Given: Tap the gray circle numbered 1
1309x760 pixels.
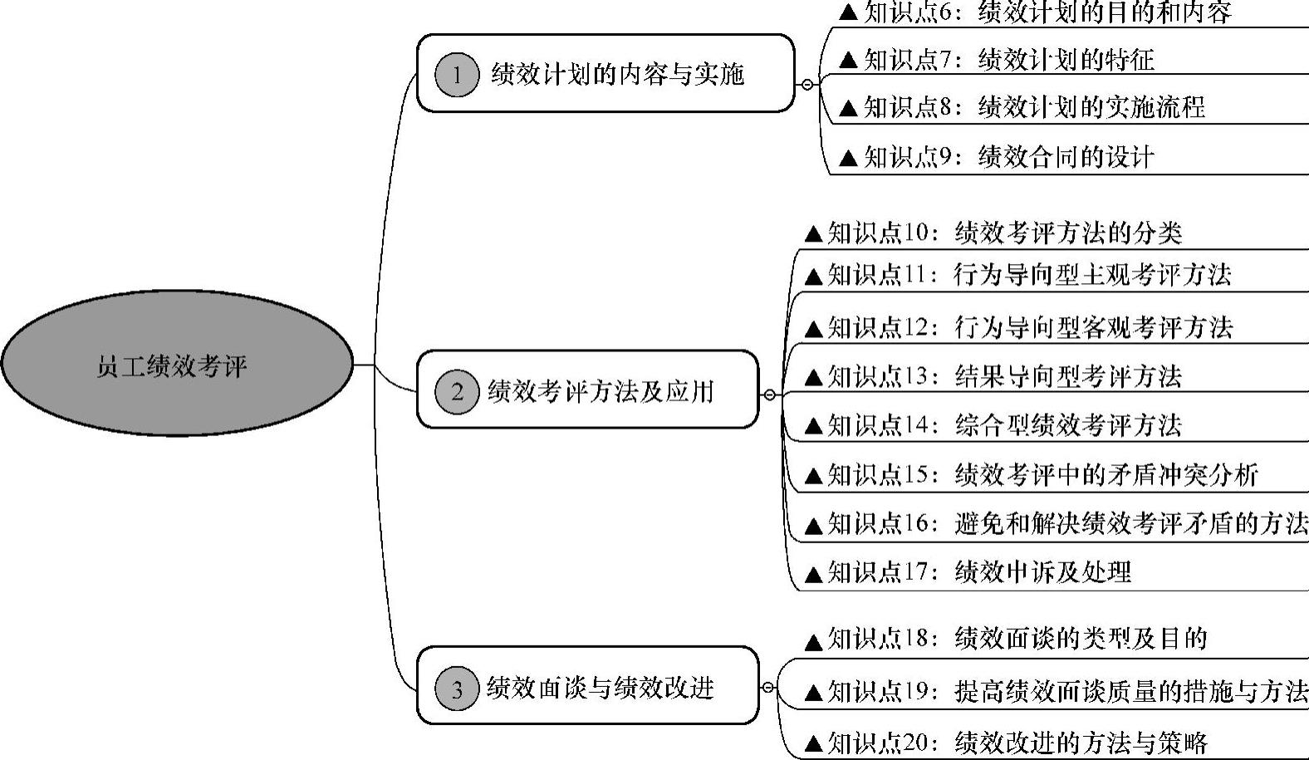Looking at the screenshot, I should click(x=456, y=75).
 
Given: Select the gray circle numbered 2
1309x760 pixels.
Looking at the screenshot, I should click(x=456, y=391).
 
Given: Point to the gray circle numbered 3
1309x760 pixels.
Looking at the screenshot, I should click(x=456, y=689).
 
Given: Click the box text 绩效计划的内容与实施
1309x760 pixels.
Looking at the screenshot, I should click(x=617, y=75).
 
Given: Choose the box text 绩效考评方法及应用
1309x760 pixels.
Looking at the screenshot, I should click(x=601, y=391).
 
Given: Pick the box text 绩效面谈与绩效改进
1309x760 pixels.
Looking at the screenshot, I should click(x=601, y=689).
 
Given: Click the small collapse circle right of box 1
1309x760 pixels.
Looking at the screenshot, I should click(x=807, y=84).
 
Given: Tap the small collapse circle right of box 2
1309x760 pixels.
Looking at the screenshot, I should click(x=769, y=395).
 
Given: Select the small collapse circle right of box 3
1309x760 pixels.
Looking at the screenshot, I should click(x=768, y=687).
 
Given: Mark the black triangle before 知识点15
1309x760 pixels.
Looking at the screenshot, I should click(x=814, y=477).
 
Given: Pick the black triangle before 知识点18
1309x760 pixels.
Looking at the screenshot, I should click(x=814, y=641).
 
